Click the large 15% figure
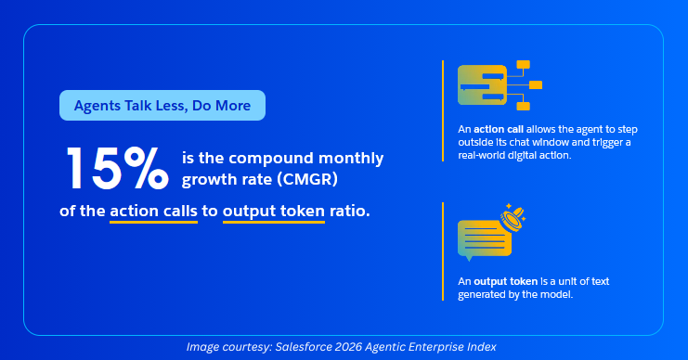[117, 168]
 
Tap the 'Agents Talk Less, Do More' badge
[162, 105]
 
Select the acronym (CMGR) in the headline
[309, 179]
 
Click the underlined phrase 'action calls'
[153, 212]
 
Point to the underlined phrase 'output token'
[274, 212]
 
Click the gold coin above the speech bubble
[513, 218]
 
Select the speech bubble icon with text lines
[485, 239]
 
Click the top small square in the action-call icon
[524, 65]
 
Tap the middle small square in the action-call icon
[536, 85]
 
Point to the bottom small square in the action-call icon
[524, 106]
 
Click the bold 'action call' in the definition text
[499, 129]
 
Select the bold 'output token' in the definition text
[505, 281]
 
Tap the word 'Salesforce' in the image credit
[304, 347]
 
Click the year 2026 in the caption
[349, 347]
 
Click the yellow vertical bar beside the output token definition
[443, 251]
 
